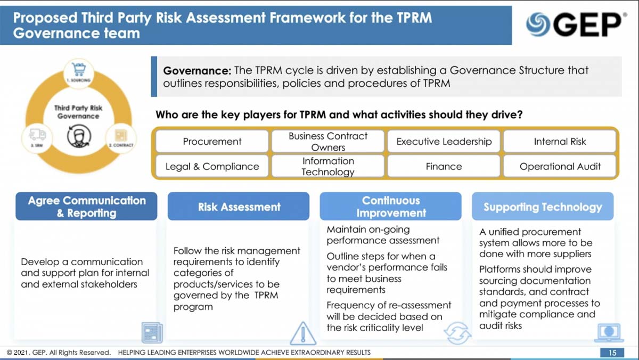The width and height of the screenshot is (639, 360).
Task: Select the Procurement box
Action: (x=212, y=142)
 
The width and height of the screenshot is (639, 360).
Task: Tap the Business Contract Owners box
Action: (x=327, y=142)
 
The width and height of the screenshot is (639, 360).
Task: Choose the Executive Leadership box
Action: (x=444, y=142)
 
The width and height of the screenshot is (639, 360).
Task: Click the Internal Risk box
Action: (x=560, y=142)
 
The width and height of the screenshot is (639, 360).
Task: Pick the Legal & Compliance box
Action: (x=212, y=166)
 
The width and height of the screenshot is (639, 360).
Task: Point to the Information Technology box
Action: (x=327, y=166)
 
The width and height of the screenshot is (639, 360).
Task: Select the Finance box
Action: (x=444, y=166)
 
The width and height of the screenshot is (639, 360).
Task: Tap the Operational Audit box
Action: (x=560, y=166)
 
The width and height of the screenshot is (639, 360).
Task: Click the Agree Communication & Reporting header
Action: (x=86, y=207)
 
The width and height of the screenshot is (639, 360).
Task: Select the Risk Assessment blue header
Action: (x=239, y=207)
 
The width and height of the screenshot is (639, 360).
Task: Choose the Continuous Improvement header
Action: (x=390, y=207)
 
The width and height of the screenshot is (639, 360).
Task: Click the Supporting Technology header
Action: (x=542, y=207)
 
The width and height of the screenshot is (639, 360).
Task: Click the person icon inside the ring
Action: (x=79, y=136)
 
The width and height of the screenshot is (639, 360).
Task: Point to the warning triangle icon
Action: (x=303, y=333)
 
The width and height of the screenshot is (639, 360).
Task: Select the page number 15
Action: (x=612, y=353)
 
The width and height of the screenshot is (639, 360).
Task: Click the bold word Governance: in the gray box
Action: (x=197, y=71)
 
